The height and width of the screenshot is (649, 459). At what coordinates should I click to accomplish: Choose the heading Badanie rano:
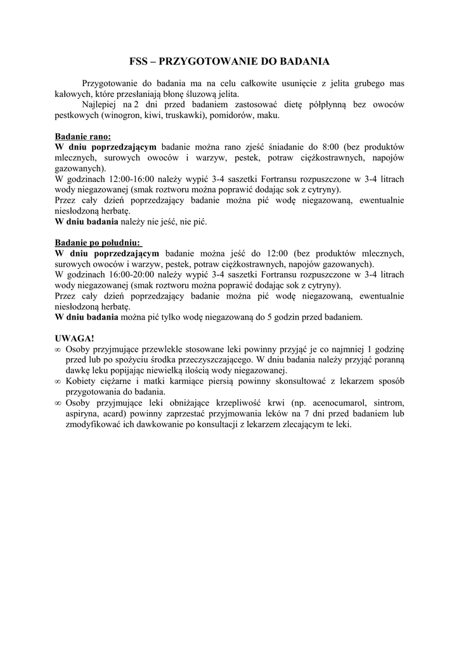coord(82,136)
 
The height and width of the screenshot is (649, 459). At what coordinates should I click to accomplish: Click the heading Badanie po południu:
coord(98,243)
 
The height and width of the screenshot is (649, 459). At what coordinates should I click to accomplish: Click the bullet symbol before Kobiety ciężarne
coord(58,382)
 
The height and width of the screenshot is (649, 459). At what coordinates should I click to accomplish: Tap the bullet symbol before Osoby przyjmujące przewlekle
coord(58,349)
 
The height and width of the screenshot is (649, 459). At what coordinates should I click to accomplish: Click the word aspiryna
coord(82,414)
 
